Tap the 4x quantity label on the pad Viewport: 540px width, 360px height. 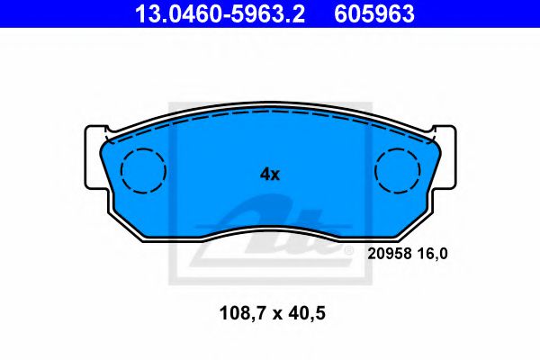click(270, 175)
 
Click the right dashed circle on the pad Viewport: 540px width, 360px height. click(398, 169)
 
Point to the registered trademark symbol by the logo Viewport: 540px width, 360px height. click(347, 255)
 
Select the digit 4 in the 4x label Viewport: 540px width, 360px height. click(265, 175)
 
